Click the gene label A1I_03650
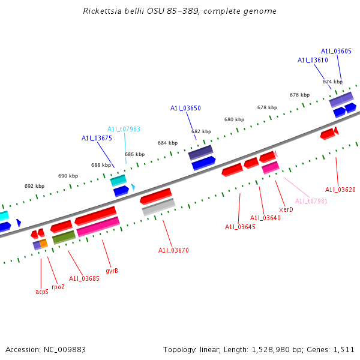click(x=185, y=108)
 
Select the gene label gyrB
click(x=112, y=271)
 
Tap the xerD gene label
click(x=286, y=209)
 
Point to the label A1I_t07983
click(x=124, y=129)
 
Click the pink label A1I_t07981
click(x=311, y=201)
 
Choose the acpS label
click(x=41, y=292)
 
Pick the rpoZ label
click(x=58, y=287)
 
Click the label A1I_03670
click(x=173, y=250)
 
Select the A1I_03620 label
click(x=340, y=190)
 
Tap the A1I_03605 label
click(x=336, y=52)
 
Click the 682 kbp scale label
click(x=202, y=131)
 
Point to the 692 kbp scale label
click(x=34, y=186)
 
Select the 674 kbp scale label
click(x=332, y=82)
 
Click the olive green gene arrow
click(x=64, y=238)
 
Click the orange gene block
click(x=44, y=243)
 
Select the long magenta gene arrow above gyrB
click(x=98, y=227)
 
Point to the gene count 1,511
click(x=344, y=349)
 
